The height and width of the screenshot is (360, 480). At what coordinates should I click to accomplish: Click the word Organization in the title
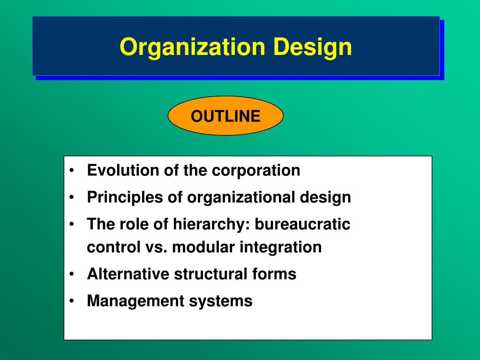192,47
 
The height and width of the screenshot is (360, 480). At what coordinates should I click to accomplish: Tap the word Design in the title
312,47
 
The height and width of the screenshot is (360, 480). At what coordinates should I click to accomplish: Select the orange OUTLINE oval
225,116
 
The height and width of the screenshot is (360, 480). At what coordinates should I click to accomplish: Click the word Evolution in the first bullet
123,170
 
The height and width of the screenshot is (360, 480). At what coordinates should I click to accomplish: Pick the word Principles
125,197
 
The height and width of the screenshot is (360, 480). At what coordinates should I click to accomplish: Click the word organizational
241,197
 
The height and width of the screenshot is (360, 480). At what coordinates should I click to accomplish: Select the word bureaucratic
302,224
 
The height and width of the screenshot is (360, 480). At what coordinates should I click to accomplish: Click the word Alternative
128,274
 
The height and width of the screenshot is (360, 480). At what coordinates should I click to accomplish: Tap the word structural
210,274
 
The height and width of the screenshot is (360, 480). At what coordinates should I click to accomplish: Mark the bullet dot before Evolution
72,170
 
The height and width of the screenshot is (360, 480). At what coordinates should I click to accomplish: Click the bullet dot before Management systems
72,300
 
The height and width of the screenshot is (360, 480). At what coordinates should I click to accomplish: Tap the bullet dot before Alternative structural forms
72,274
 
